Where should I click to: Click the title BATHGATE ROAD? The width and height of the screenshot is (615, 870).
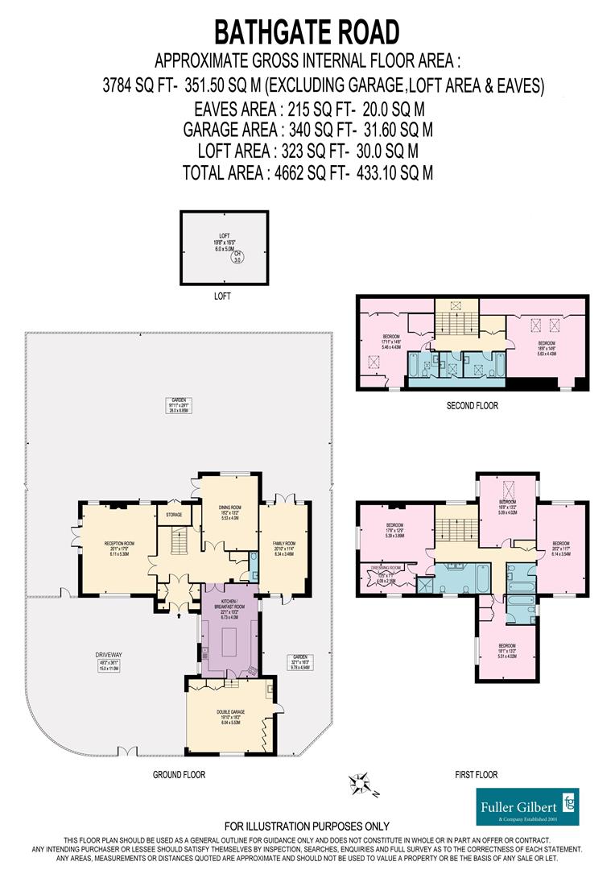coord(306,31)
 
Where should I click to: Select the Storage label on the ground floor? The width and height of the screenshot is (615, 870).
coord(174,514)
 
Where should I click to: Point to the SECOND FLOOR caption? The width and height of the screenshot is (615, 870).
coord(473,406)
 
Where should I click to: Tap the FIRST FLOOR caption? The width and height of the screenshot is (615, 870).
coord(476,775)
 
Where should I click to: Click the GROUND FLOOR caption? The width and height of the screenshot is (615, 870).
coord(179,775)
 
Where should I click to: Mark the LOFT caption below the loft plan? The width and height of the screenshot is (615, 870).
coord(222,296)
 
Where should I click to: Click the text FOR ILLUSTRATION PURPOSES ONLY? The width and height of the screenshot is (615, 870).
coord(307,826)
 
